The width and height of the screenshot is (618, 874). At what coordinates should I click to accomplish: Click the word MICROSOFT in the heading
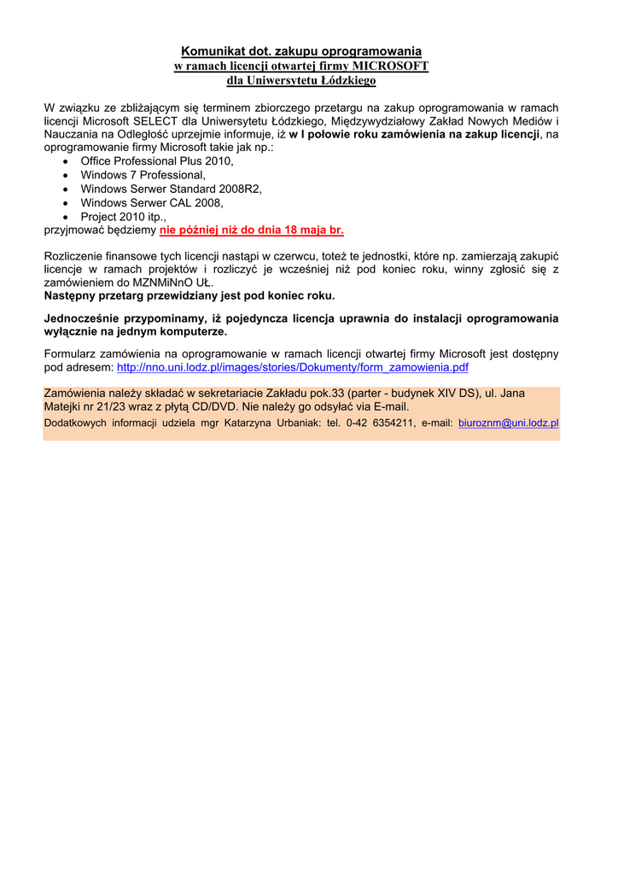click(x=392, y=67)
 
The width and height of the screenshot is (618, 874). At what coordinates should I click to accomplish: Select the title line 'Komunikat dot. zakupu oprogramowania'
click(x=301, y=52)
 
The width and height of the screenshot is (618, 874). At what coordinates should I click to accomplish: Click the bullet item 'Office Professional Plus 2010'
click(x=157, y=160)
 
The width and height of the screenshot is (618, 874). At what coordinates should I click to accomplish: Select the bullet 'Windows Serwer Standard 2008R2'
click(x=172, y=189)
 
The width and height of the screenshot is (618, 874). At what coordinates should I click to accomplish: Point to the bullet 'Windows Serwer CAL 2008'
click(x=152, y=203)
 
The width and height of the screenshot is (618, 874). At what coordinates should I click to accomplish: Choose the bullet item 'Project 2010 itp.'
click(x=124, y=217)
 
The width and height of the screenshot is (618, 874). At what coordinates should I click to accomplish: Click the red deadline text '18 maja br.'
click(x=312, y=230)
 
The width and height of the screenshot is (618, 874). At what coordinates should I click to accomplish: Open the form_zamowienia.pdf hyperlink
click(x=293, y=368)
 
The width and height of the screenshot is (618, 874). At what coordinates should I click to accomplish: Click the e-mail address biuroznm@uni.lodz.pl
click(x=508, y=422)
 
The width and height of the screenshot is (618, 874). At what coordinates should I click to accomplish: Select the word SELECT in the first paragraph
click(x=154, y=121)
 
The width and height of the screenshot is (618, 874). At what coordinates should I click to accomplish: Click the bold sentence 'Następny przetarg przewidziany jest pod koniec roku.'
click(x=189, y=296)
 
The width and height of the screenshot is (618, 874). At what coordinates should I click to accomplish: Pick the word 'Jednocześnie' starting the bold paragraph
click(x=82, y=318)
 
